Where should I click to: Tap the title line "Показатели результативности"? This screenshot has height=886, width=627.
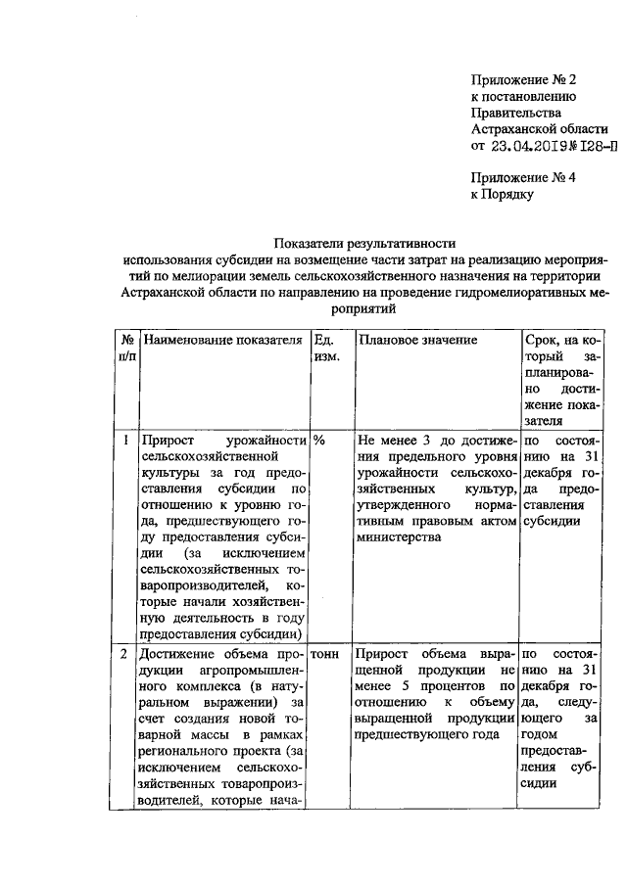click(x=364, y=243)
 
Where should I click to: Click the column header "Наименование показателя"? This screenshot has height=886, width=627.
click(x=221, y=340)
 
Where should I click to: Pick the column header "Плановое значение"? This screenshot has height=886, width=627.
click(x=417, y=340)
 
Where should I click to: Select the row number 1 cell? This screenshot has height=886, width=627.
click(x=127, y=440)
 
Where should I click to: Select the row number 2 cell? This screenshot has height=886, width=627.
click(x=127, y=652)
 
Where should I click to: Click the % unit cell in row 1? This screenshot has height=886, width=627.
click(x=319, y=440)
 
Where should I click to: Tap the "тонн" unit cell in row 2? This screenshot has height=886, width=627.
click(x=327, y=652)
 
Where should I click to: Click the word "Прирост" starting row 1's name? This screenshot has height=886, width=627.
click(x=169, y=440)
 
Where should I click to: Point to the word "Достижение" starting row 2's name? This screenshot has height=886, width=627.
click(x=180, y=652)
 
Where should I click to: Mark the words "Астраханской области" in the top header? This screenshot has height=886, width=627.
click(x=539, y=129)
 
